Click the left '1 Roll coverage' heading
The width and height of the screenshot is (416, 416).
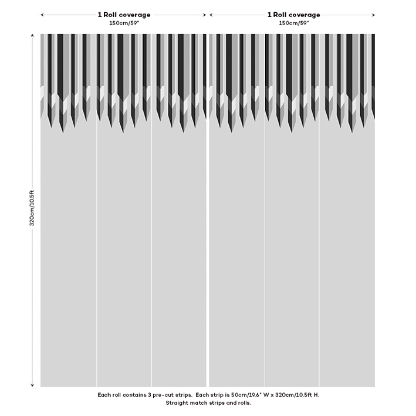point(124,15)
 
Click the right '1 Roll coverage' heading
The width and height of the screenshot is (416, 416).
point(294,15)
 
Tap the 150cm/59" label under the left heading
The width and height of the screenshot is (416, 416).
point(124,23)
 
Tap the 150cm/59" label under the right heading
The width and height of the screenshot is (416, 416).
point(293,23)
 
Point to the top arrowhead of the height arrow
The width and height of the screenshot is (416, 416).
point(32,36)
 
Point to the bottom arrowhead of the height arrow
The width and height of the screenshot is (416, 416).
point(32,385)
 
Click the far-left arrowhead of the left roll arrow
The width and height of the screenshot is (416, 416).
point(42,15)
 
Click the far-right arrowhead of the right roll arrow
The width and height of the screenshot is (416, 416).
point(373,15)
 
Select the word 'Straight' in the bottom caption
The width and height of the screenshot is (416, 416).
point(177,403)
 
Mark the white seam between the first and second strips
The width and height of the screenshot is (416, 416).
point(97,246)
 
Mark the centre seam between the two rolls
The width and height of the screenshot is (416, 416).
point(208,246)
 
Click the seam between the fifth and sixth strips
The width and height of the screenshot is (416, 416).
point(319,246)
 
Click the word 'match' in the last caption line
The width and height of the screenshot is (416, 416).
point(199,403)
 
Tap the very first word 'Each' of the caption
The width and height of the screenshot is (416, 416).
point(103,395)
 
